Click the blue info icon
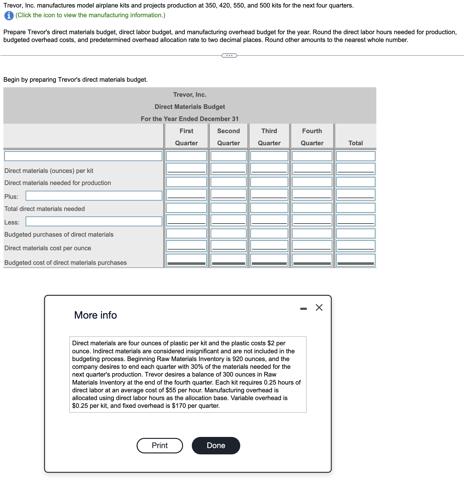tap(9, 16)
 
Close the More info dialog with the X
tap(319, 307)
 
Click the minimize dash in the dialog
tap(303, 309)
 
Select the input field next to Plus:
tap(94, 196)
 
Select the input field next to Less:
tap(94, 221)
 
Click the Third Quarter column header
tap(269, 137)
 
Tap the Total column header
tap(355, 143)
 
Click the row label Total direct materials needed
tap(45, 209)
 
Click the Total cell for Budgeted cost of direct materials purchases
tap(355, 260)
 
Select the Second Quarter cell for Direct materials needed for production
tap(228, 182)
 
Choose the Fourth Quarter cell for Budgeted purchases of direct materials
tap(312, 233)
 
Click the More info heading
tap(95, 315)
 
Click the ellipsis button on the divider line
tap(229, 56)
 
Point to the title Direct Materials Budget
tap(190, 107)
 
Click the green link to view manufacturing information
tap(90, 15)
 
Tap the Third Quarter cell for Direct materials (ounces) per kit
tap(269, 169)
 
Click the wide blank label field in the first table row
tap(83, 156)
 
